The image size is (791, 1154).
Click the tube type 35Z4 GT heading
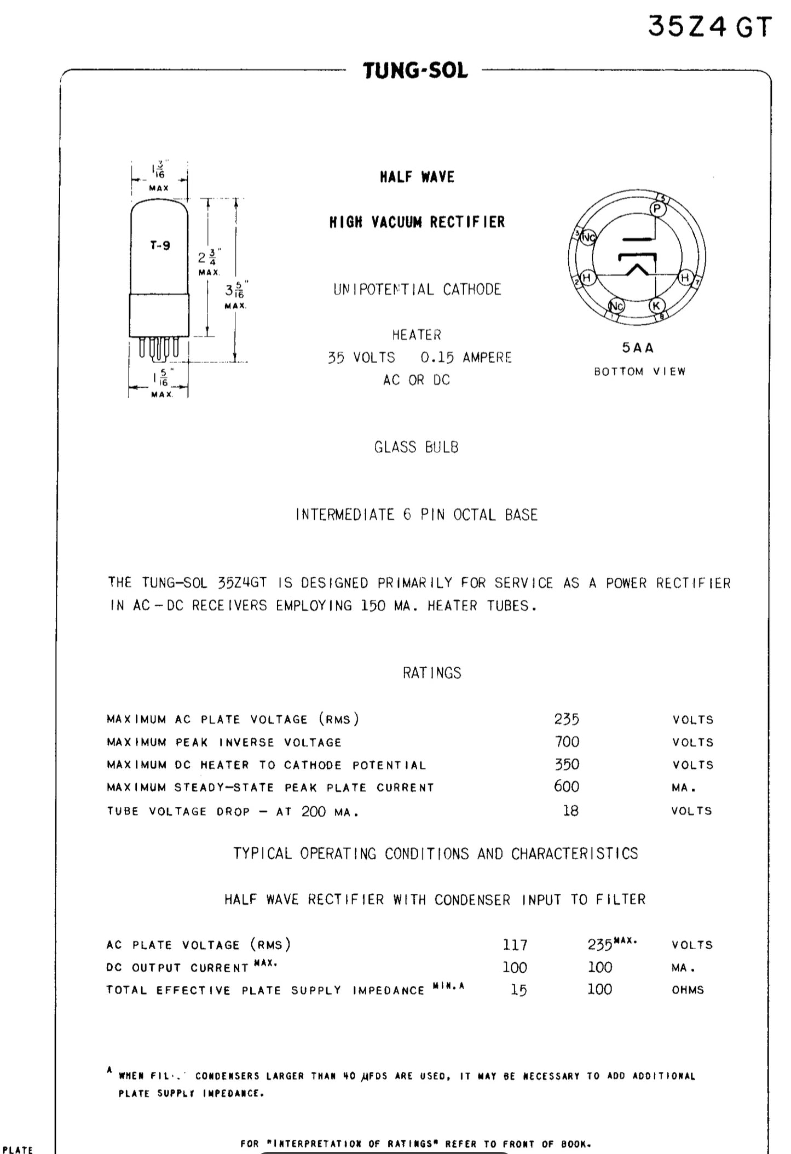[x=709, y=26]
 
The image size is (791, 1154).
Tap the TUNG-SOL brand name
[x=415, y=71]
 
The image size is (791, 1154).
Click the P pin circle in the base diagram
[x=657, y=209]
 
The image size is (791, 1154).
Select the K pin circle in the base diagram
[x=656, y=306]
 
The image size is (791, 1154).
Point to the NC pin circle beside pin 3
[x=588, y=238]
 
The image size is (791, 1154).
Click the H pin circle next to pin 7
[x=685, y=278]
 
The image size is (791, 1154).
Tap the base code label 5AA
[x=638, y=348]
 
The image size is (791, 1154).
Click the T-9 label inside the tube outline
[x=160, y=245]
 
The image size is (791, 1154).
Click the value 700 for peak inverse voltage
[x=567, y=742]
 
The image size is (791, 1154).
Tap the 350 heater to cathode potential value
[x=567, y=764]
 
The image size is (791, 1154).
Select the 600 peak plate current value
[x=566, y=786]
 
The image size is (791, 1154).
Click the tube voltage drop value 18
[x=570, y=811]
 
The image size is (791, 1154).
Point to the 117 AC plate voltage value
[x=515, y=945]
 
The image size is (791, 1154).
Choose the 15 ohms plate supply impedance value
[x=518, y=990]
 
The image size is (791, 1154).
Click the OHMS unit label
[x=688, y=990]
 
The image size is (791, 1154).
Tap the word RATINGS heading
[x=432, y=673]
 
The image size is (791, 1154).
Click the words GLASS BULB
[x=416, y=447]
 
